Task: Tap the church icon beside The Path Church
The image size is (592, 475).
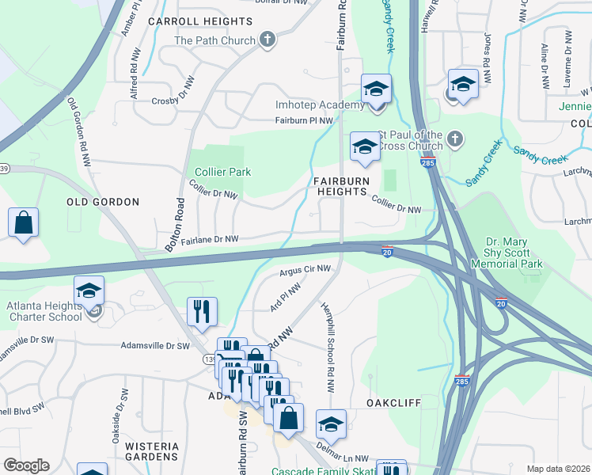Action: pos(268,40)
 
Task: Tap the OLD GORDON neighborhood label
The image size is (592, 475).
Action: pos(103,202)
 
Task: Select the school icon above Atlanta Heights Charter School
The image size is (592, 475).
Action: pos(89,290)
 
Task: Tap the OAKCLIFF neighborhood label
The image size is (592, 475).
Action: pos(393,402)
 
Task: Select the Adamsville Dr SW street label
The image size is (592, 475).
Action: pos(155,346)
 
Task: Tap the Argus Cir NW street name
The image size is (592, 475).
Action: pos(304,271)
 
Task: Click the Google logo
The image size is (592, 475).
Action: pos(26,465)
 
